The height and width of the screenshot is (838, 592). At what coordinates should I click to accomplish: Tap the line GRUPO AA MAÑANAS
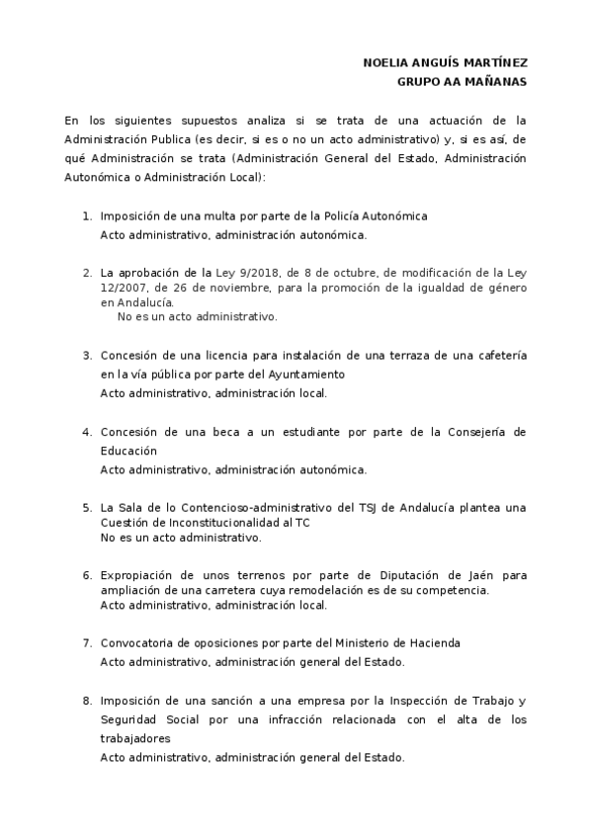pyautogui.click(x=462, y=81)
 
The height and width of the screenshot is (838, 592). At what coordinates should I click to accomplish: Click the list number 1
pyautogui.click(x=87, y=215)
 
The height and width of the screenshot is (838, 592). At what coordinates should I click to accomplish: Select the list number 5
pyautogui.click(x=87, y=508)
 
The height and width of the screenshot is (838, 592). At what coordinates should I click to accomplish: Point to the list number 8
pyautogui.click(x=87, y=701)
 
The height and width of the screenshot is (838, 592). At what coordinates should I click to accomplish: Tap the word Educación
pyautogui.click(x=128, y=451)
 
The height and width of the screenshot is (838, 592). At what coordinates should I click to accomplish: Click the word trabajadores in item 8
pyautogui.click(x=136, y=738)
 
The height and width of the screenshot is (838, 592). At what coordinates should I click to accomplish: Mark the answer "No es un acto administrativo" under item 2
pyautogui.click(x=197, y=317)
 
